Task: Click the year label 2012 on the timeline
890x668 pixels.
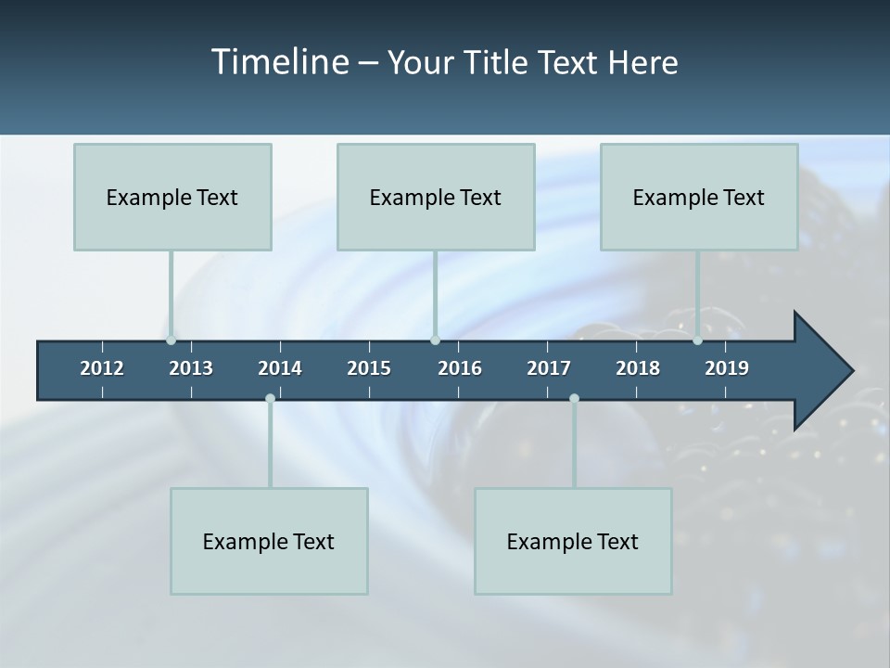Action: click(x=102, y=368)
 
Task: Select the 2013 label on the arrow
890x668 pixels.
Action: click(x=191, y=368)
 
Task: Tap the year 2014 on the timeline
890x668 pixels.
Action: click(x=280, y=368)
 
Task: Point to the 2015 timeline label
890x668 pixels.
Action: click(x=369, y=368)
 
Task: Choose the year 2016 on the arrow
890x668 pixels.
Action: click(x=460, y=368)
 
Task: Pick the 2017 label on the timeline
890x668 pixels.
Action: click(x=549, y=368)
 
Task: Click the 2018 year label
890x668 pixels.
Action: click(x=638, y=368)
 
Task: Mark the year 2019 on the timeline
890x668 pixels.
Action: click(x=727, y=368)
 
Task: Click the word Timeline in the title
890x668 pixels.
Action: click(x=278, y=62)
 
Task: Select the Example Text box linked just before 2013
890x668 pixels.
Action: click(x=172, y=197)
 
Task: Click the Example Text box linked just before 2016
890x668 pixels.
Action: click(x=436, y=197)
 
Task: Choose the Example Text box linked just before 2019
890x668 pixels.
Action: click(x=699, y=197)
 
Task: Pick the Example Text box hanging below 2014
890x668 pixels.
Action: click(x=269, y=541)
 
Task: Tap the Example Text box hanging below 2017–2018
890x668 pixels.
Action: click(x=573, y=541)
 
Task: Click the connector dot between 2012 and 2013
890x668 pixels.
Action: click(x=172, y=340)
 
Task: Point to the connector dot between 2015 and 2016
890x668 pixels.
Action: click(x=436, y=340)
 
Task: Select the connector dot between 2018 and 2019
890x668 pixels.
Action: click(x=698, y=340)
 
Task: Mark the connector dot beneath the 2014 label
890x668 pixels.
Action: click(x=270, y=399)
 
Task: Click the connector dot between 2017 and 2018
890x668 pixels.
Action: click(x=574, y=399)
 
